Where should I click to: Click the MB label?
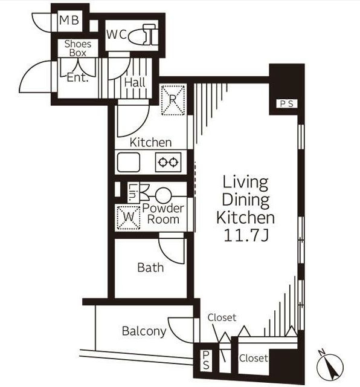pos(69,20)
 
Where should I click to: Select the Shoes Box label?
pos(78,48)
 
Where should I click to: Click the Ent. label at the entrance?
pos(77,78)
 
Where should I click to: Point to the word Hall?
pos(135,82)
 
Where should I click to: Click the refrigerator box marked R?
pos(173,100)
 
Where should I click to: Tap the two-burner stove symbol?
pos(168,162)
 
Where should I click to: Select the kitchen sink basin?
pos(129,162)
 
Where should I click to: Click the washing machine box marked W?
pos(129,217)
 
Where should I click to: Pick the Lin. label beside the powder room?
pos(133,192)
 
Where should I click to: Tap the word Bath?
pos(150,267)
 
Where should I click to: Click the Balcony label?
pos(144,331)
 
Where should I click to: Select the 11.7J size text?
pos(246,236)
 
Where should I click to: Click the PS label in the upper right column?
pos(287,103)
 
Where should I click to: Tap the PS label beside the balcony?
pos(206,360)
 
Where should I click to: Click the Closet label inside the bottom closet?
pos(254,358)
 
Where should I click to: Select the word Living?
pos(246,183)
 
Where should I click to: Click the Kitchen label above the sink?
pos(150,143)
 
